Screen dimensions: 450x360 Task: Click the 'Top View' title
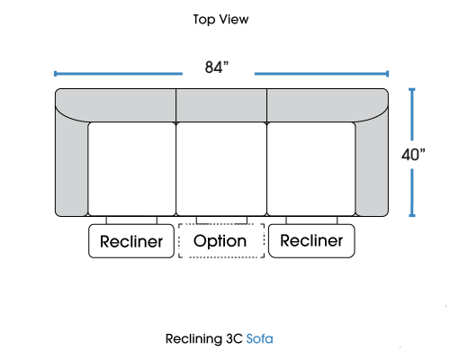click(220, 20)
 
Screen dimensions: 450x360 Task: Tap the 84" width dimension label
click(217, 67)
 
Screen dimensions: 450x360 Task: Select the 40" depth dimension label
click(413, 155)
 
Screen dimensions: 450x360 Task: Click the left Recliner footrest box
click(131, 241)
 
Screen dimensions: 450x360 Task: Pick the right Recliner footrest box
click(311, 241)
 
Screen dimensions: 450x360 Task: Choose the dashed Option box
click(221, 240)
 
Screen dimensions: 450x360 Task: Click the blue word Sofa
click(259, 339)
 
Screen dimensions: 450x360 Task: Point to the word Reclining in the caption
click(193, 339)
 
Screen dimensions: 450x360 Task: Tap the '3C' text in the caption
click(234, 339)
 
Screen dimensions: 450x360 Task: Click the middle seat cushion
click(221, 169)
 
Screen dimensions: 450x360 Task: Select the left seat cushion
click(132, 169)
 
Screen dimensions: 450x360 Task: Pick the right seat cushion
click(311, 169)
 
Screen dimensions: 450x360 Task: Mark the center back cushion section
click(221, 105)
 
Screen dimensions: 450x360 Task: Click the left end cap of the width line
click(55, 74)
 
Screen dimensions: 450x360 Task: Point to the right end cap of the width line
click(388, 74)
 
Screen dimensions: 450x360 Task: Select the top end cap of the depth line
click(412, 89)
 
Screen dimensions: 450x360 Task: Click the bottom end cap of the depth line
click(412, 215)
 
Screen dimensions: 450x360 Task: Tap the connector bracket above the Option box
click(221, 220)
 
